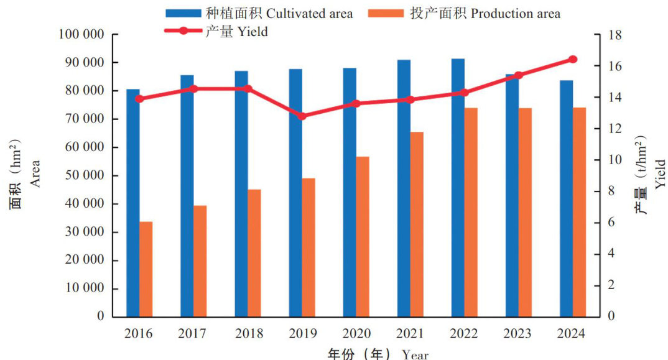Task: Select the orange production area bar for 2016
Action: click(x=146, y=269)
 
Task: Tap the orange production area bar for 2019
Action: click(x=308, y=247)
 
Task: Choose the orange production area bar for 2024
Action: click(x=579, y=211)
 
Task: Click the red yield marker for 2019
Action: click(x=302, y=116)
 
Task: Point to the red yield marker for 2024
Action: click(x=573, y=60)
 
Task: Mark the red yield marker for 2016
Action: click(x=139, y=99)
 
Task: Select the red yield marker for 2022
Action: click(x=465, y=93)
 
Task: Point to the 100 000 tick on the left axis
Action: click(x=81, y=35)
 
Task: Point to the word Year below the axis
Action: click(x=415, y=355)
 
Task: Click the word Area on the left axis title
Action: click(x=35, y=173)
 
